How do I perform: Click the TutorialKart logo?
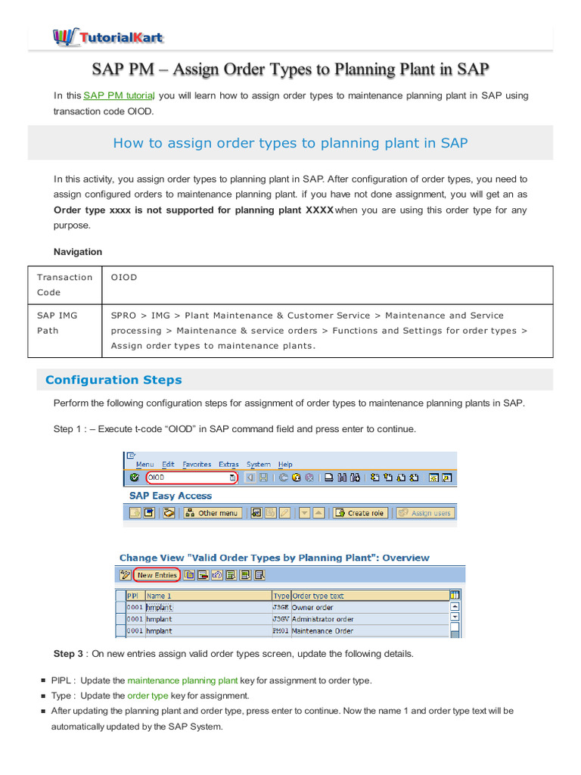(107, 37)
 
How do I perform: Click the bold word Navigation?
(78, 251)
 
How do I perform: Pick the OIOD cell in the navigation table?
(124, 277)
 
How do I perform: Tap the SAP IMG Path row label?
(57, 323)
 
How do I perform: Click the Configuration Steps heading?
(113, 380)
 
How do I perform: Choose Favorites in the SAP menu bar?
(197, 464)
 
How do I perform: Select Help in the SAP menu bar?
(285, 464)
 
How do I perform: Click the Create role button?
(361, 512)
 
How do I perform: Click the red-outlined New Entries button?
(157, 575)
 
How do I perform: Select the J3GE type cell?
(281, 607)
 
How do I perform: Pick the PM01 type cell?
(281, 630)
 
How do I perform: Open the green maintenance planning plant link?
(182, 680)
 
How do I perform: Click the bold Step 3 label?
(68, 653)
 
